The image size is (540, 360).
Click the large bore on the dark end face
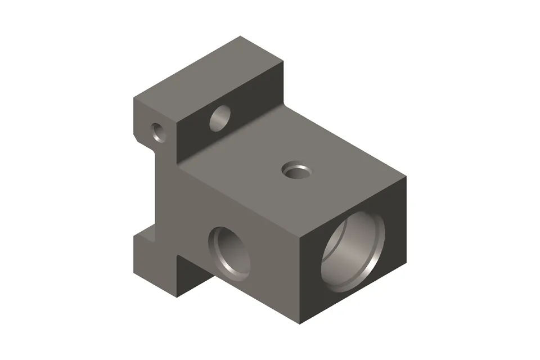353,251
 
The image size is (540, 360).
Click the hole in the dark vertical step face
220,119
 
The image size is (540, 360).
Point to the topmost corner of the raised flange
241,37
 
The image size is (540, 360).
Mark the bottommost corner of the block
300,325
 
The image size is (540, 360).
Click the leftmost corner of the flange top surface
133,99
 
